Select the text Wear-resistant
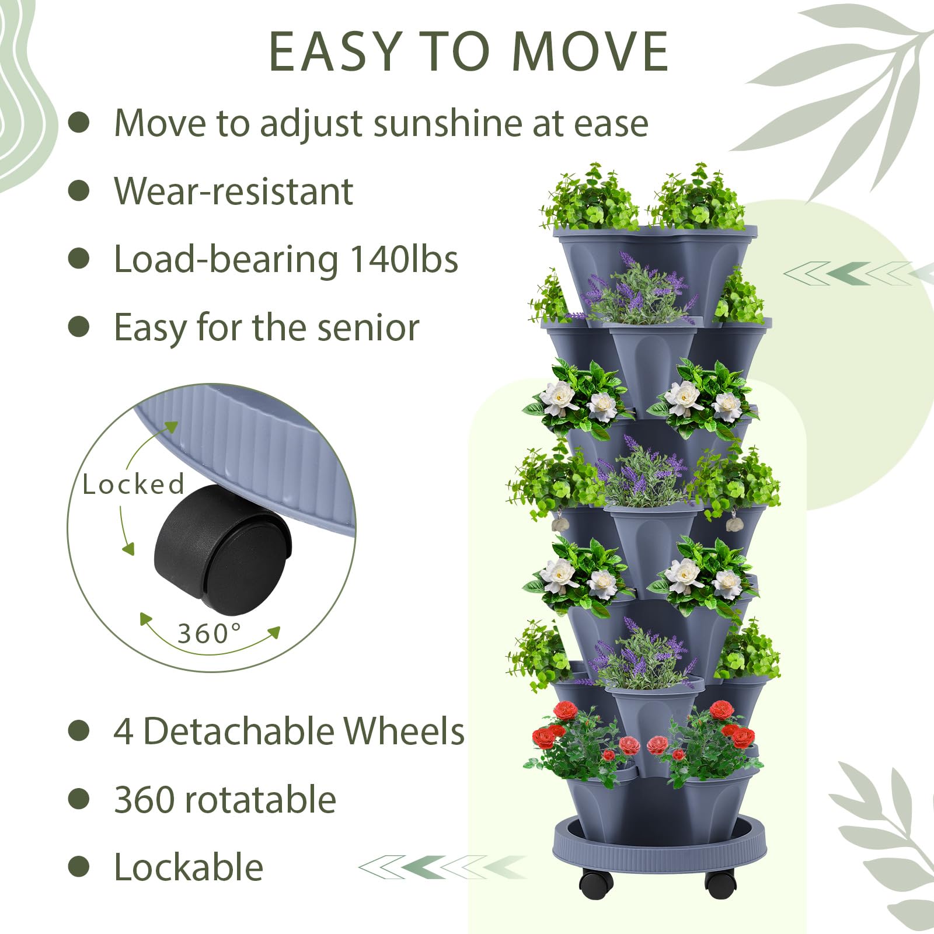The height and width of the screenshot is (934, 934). [x=233, y=191]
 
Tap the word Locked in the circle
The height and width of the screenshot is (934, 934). [x=133, y=484]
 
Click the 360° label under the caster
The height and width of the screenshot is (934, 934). [x=209, y=633]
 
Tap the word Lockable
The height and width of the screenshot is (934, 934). [x=189, y=867]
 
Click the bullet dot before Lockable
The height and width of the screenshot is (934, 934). [x=79, y=866]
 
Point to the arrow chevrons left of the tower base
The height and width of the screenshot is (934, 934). [x=442, y=867]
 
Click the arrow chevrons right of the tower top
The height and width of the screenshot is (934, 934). [x=858, y=273]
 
